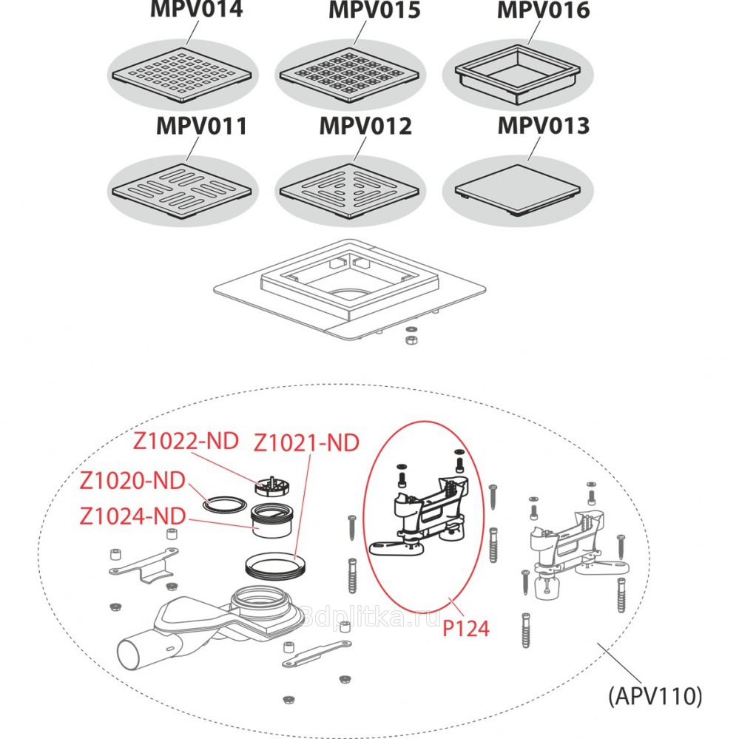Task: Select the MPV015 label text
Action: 374,10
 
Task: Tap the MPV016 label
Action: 543,10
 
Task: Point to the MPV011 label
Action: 201,126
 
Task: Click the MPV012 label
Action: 365,126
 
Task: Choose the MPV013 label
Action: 543,126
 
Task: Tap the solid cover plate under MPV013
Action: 517,187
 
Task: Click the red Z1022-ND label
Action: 186,442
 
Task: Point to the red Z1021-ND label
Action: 306,444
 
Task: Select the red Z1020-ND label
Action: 132,481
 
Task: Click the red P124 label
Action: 466,629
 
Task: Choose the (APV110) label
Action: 655,696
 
